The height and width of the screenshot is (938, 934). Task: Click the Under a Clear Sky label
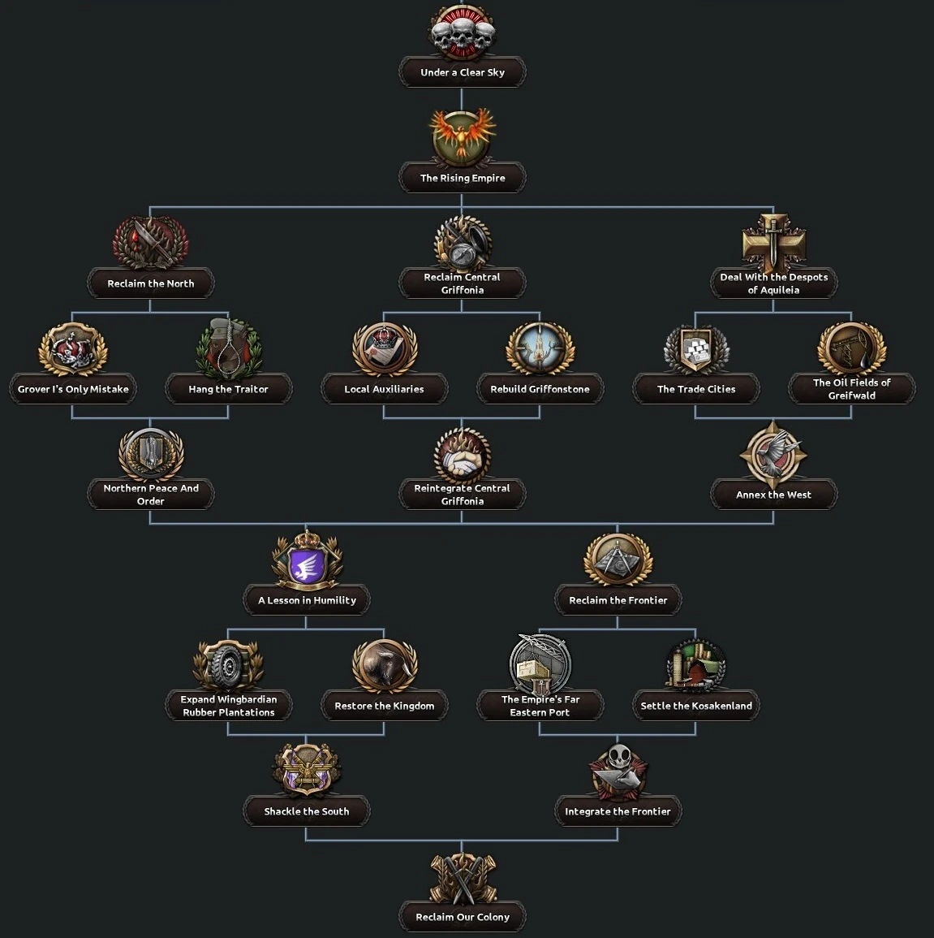pos(462,72)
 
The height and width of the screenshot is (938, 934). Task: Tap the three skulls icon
pos(462,31)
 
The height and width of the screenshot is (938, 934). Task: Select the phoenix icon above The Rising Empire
pos(462,137)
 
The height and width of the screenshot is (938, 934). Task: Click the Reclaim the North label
pos(151,283)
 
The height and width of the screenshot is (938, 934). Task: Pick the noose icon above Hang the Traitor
pos(229,348)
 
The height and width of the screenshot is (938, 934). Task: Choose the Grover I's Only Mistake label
pos(73,389)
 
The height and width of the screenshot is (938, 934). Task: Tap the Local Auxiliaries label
pos(385,389)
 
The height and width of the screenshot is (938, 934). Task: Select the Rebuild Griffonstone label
pos(540,389)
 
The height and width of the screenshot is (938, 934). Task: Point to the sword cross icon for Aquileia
pos(774,242)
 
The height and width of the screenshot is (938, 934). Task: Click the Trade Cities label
pos(696,389)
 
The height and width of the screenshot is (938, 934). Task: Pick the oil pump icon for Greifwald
pos(851,348)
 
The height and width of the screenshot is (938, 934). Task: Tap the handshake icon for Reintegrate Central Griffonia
pos(462,456)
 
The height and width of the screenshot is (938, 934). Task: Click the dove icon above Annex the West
pos(773,454)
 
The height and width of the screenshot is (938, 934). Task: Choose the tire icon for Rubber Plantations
pos(228,665)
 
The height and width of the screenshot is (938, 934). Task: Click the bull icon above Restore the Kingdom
pos(385,665)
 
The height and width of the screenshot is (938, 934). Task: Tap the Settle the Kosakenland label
pos(696,706)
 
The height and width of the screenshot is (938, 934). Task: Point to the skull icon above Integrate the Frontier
pos(618,771)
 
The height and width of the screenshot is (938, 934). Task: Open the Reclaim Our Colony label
pos(462,917)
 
